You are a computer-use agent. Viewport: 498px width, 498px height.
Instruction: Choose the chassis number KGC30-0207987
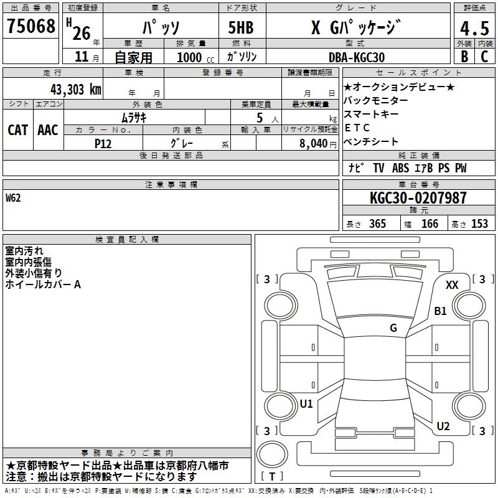click(x=418, y=199)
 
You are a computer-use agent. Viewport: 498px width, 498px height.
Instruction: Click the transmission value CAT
click(x=18, y=130)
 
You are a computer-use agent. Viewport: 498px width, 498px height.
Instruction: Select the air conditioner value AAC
click(x=48, y=130)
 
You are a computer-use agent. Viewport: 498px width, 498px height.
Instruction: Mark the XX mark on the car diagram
click(x=452, y=285)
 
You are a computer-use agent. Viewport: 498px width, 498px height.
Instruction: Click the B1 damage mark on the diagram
click(x=441, y=311)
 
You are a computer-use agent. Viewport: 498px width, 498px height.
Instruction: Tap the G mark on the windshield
click(x=393, y=328)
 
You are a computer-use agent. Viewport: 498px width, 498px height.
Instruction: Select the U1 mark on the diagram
click(x=306, y=404)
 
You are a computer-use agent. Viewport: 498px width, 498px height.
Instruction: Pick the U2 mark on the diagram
click(x=443, y=426)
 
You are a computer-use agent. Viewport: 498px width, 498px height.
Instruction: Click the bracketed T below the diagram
click(x=271, y=476)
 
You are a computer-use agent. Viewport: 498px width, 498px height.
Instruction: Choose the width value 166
click(x=430, y=224)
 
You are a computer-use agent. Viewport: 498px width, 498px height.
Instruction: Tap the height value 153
click(x=479, y=224)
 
